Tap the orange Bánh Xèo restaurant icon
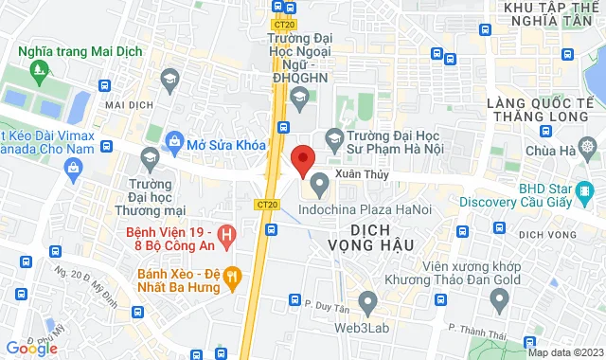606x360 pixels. pyautogui.click(x=233, y=278)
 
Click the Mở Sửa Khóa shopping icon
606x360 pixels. pyautogui.click(x=174, y=141)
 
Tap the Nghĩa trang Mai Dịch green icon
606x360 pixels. pyautogui.click(x=38, y=69)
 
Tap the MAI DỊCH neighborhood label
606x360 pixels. pyautogui.click(x=129, y=104)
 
